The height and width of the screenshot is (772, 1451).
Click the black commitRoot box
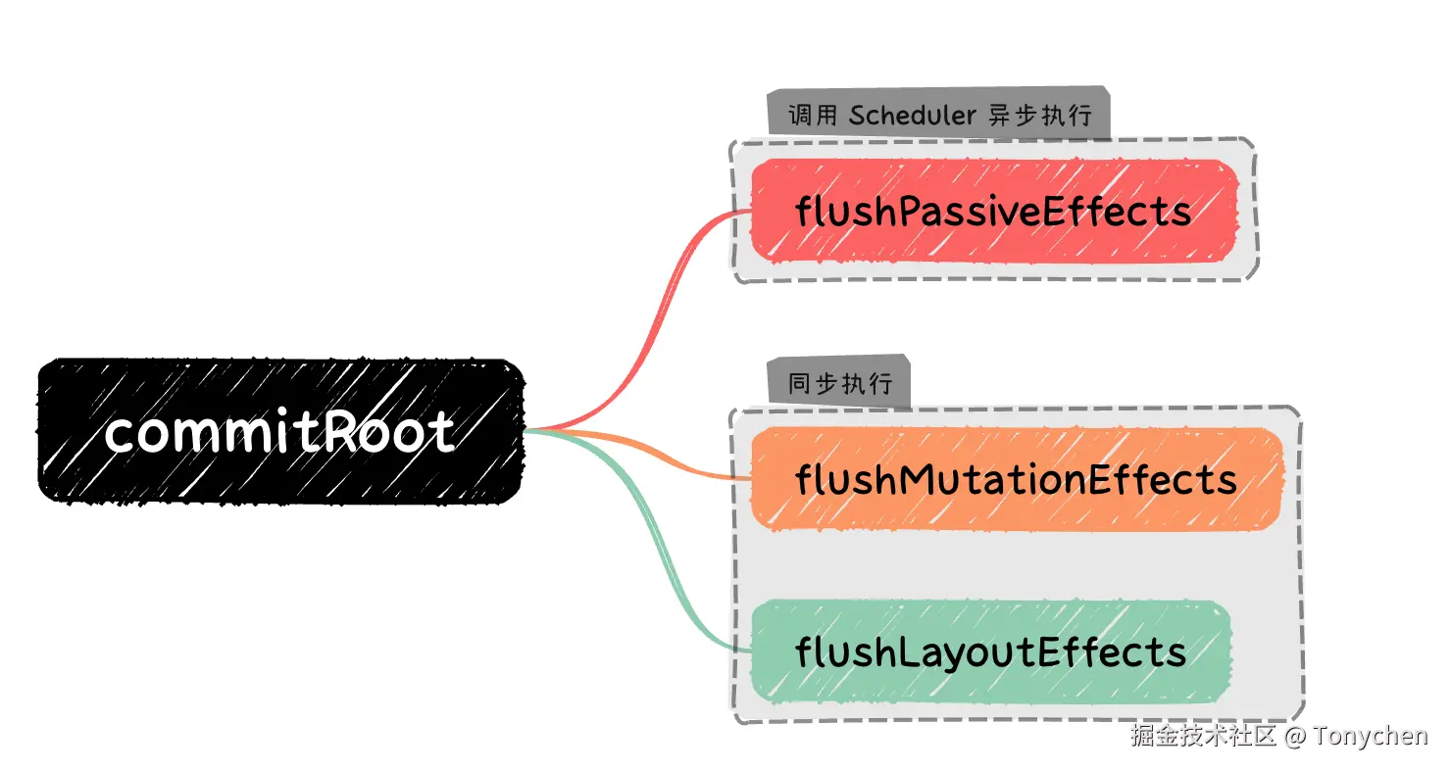[279, 431]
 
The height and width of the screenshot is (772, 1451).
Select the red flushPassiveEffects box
[992, 211]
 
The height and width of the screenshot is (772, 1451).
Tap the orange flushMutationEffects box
[1016, 480]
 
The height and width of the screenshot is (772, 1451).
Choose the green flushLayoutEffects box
[990, 651]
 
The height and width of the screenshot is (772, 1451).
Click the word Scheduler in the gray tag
[912, 116]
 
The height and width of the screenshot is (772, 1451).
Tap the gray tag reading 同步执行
[840, 383]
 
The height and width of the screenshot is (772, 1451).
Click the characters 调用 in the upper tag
[813, 116]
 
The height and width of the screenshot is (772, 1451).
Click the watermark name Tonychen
[1371, 736]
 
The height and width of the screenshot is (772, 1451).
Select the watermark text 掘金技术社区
[1203, 736]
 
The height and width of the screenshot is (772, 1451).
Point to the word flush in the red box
[844, 211]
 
